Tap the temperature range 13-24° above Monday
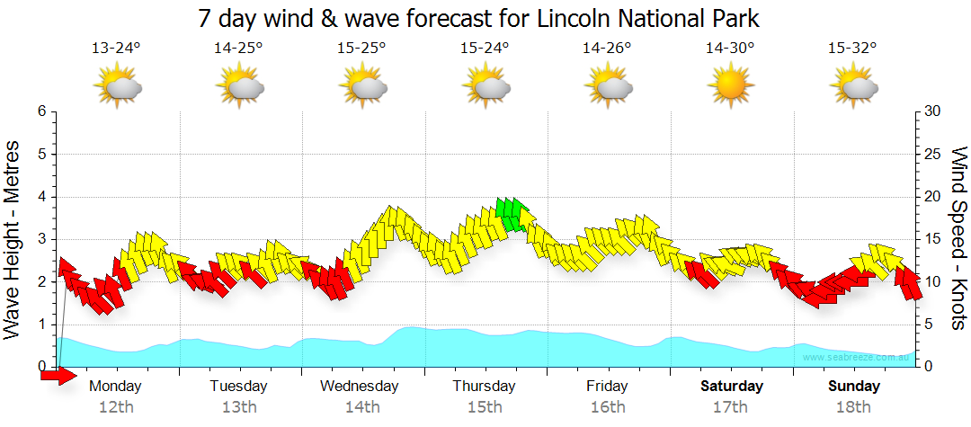[x=116, y=49]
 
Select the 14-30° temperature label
[x=729, y=49]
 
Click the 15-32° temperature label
[x=852, y=49]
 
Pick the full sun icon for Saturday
[x=729, y=86]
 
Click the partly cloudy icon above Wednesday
[x=362, y=87]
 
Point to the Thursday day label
[x=484, y=387]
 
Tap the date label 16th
[x=608, y=406]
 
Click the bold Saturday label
[x=732, y=387]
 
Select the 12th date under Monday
[x=116, y=406]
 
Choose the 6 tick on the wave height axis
[x=41, y=111]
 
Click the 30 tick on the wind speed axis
[x=933, y=111]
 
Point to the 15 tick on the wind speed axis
[x=933, y=239]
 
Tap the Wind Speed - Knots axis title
[x=958, y=238]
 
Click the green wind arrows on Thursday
[x=511, y=214]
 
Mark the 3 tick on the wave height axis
[x=41, y=239]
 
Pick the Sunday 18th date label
[x=853, y=406]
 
